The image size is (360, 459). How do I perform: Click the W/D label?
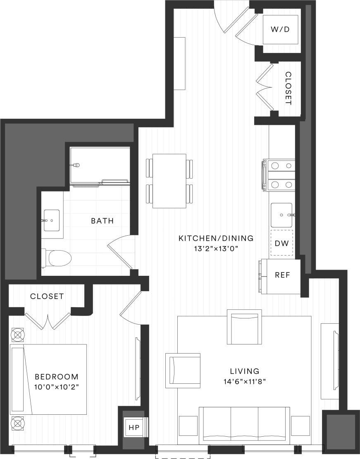pyautogui.click(x=281, y=29)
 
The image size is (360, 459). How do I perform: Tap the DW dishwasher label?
pyautogui.click(x=281, y=243)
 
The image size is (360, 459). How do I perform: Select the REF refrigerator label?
pyautogui.click(x=283, y=275)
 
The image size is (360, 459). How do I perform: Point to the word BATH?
pyautogui.click(x=102, y=221)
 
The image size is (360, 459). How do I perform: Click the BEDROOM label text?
pyautogui.click(x=56, y=377)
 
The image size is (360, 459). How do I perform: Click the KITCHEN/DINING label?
pyautogui.click(x=216, y=238)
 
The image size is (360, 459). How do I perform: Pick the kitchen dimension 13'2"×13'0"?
pyautogui.click(x=216, y=249)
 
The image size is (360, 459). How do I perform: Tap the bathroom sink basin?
pyautogui.click(x=52, y=220)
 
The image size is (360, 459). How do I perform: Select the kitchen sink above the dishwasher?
pyautogui.click(x=281, y=215)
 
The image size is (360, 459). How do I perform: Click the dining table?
pyautogui.click(x=169, y=181)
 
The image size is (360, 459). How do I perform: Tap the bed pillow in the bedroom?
pyautogui.click(x=17, y=379)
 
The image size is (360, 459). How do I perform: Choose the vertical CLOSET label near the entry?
pyautogui.click(x=288, y=88)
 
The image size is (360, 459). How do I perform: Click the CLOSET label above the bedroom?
pyautogui.click(x=47, y=296)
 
